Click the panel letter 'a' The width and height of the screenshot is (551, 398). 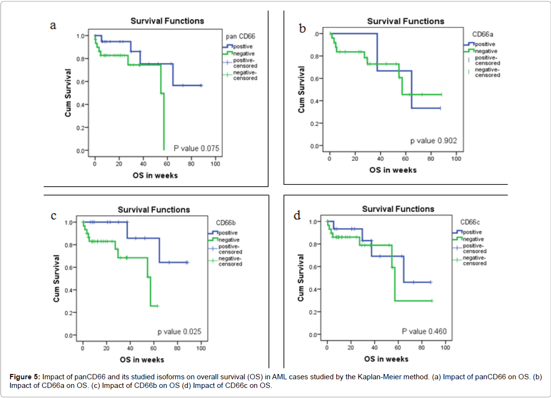pos(54,25)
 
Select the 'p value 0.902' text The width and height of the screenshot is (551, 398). pos(433,141)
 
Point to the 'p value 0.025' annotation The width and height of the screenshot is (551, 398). pos(179,332)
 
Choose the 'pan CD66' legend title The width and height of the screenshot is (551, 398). pos(242,36)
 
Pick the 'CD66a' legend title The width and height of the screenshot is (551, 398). pos(482,35)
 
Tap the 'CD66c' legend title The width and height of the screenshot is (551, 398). pos(471,222)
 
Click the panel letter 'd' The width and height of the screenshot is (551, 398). pos(297,216)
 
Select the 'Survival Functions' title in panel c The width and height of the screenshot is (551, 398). pos(154,210)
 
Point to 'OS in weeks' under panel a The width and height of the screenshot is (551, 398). pos(155,175)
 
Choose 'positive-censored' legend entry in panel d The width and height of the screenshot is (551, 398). pos(474,248)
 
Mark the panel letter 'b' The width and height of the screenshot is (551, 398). pos(303,29)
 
